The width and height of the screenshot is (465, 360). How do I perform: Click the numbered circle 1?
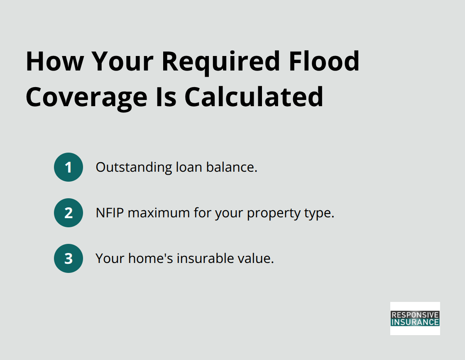(69, 167)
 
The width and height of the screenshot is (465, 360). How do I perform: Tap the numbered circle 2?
(69, 213)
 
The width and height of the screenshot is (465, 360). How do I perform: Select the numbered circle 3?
(69, 258)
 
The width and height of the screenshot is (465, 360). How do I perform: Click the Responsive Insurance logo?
(415, 318)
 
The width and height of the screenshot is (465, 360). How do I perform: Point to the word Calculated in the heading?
(254, 97)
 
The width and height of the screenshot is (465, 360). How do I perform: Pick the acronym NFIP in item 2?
(110, 213)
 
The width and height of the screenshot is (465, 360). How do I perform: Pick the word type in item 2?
(320, 213)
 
